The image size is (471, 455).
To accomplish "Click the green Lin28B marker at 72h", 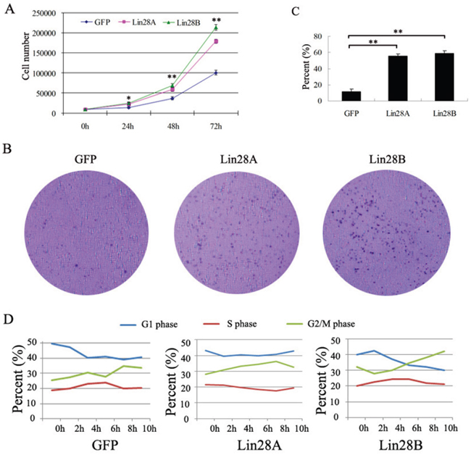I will click(215, 28).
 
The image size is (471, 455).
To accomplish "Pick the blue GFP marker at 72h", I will click(215, 72).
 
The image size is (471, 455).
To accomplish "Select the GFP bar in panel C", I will click(351, 96).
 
